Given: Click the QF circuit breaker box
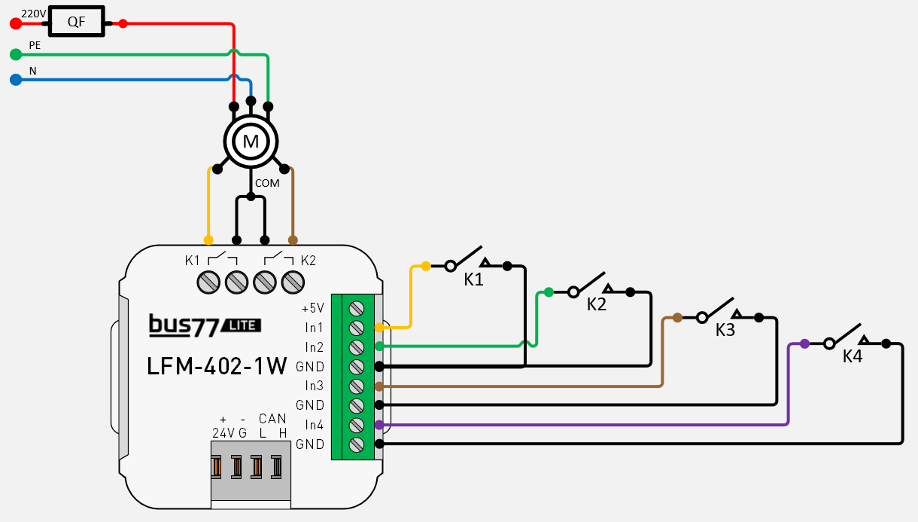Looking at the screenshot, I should [x=77, y=23].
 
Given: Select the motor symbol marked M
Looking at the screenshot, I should [x=251, y=141].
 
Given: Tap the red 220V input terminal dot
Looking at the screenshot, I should [x=15, y=23].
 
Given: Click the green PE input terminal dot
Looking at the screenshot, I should [x=15, y=54].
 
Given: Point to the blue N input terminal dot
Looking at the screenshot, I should [x=15, y=78].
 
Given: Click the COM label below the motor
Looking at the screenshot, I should [x=267, y=183].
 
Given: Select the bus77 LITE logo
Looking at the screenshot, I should [x=205, y=325].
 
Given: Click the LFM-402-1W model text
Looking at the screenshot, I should [x=217, y=367].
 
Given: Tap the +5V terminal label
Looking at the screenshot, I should [x=312, y=308].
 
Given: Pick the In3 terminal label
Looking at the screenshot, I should [x=314, y=386].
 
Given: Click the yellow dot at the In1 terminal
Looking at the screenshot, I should [x=379, y=328].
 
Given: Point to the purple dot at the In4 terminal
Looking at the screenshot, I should [x=379, y=425].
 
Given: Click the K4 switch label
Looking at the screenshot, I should [x=853, y=356].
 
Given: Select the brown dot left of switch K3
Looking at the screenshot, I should [x=677, y=317].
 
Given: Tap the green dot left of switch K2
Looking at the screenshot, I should [x=549, y=292].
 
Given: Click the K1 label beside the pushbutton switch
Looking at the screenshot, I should [x=473, y=279].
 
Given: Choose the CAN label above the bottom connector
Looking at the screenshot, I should [x=272, y=419].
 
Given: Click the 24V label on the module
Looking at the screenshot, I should [x=223, y=432].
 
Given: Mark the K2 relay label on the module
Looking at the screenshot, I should [x=309, y=261].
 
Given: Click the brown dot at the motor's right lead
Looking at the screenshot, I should [x=293, y=240].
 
